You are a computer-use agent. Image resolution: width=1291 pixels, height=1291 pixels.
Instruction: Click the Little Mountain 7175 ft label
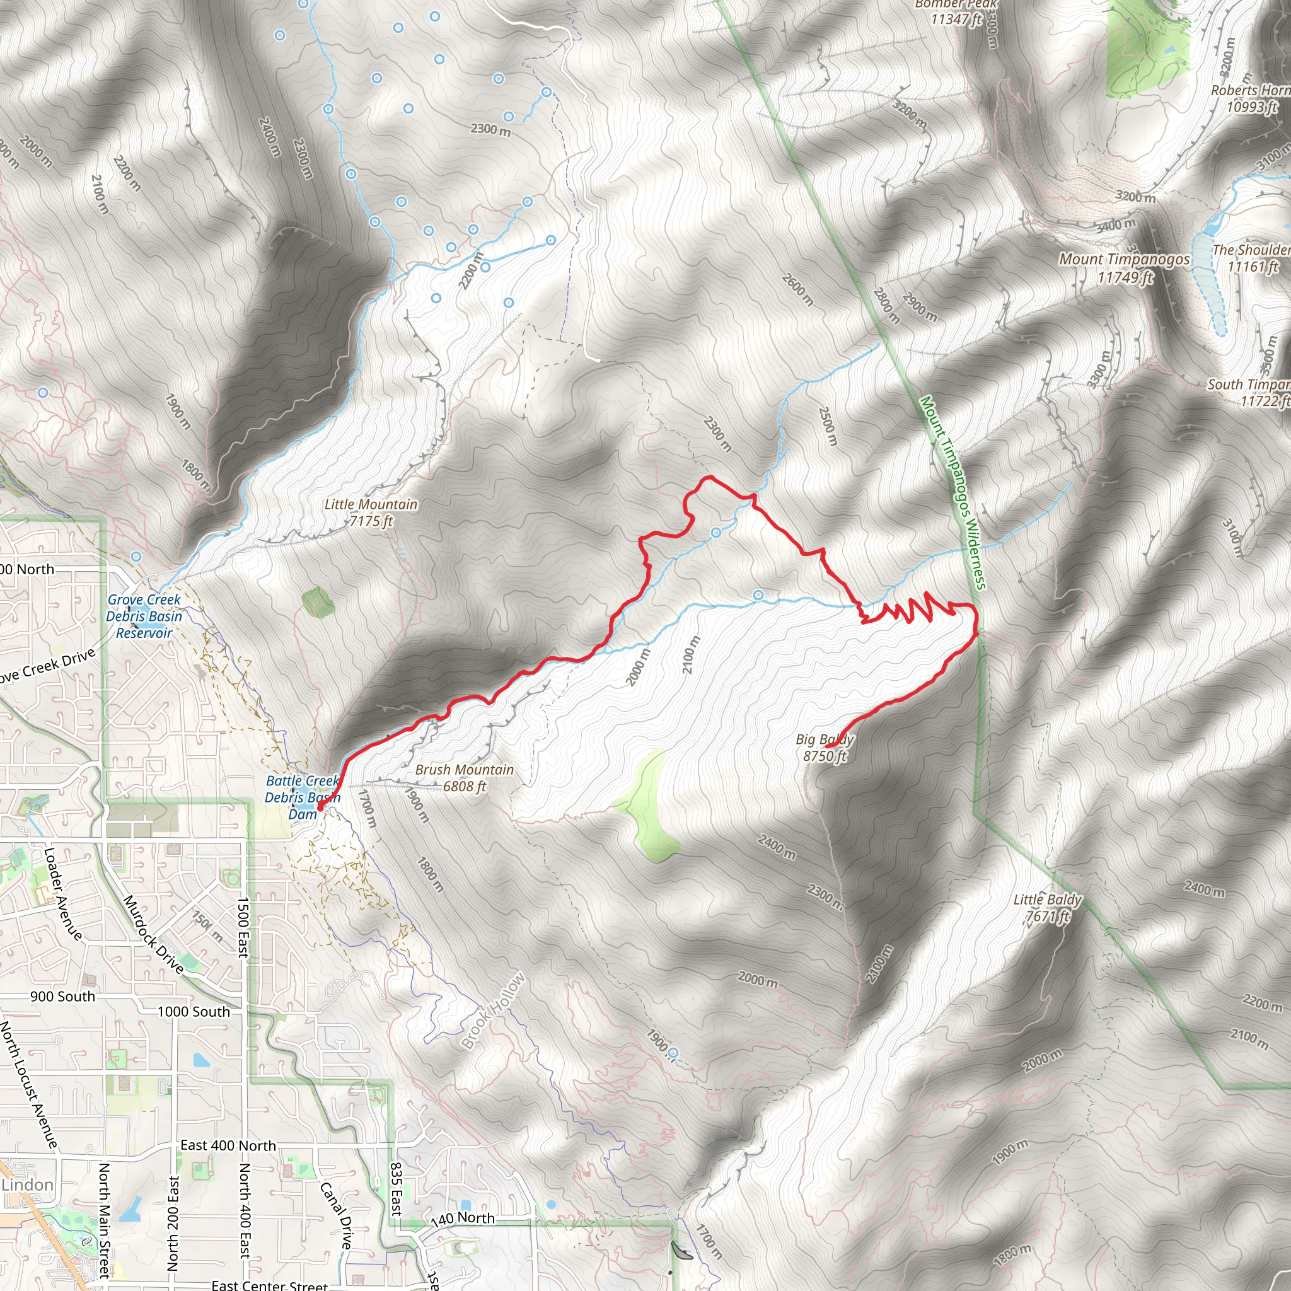[371, 512]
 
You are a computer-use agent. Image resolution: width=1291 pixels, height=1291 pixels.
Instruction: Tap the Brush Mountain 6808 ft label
[465, 778]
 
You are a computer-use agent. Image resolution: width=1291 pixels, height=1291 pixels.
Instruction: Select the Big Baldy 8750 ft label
[825, 748]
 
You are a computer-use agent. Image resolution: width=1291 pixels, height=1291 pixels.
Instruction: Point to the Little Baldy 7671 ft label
[1047, 908]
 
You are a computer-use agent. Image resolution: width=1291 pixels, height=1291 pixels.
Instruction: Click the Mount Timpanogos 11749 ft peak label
[1125, 267]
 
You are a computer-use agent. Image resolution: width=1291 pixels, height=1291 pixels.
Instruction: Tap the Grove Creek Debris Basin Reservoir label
[144, 616]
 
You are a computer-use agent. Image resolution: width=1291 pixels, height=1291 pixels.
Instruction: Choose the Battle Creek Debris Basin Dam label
[303, 797]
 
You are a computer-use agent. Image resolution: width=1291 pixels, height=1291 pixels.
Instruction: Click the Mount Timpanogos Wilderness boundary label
[952, 492]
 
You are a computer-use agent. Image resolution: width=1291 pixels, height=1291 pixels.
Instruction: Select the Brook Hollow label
[494, 1012]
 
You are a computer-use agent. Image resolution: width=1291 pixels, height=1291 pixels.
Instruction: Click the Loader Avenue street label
[63, 893]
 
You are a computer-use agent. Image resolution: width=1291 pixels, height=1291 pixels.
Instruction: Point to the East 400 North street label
[228, 1145]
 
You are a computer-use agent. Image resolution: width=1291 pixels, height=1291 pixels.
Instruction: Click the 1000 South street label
[194, 1012]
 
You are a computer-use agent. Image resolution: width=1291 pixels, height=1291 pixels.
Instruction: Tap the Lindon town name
[27, 1184]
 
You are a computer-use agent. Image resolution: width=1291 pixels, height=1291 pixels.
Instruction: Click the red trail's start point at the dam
[320, 808]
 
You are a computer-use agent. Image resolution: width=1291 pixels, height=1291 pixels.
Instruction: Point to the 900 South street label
[63, 997]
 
